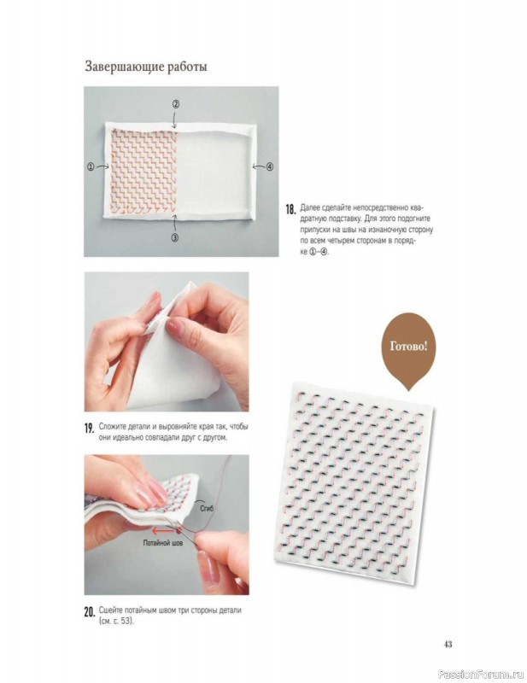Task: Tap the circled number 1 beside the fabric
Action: click(x=91, y=166)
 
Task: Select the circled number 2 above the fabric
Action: click(x=176, y=104)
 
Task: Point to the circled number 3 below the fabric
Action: click(x=175, y=238)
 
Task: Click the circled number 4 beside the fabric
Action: click(x=270, y=166)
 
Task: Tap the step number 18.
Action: click(x=290, y=209)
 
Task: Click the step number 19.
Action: click(x=90, y=429)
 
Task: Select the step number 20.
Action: click(x=90, y=612)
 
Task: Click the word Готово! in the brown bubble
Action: click(x=408, y=347)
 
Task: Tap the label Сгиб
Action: click(x=207, y=508)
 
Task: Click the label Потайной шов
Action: click(x=163, y=543)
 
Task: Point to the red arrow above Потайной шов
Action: click(x=162, y=531)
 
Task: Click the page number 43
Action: click(x=448, y=645)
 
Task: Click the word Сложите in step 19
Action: click(x=112, y=426)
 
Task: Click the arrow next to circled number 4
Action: click(x=259, y=166)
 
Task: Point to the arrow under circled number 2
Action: click(x=175, y=119)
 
